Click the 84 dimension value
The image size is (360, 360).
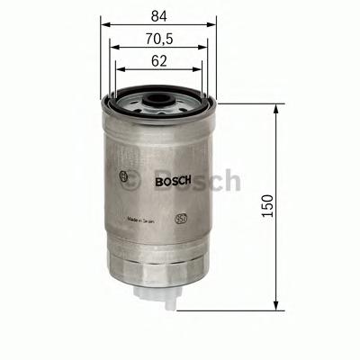pyautogui.click(x=157, y=15)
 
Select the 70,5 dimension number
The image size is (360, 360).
pyautogui.click(x=157, y=39)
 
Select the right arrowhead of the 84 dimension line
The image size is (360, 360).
pyautogui.click(x=215, y=27)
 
